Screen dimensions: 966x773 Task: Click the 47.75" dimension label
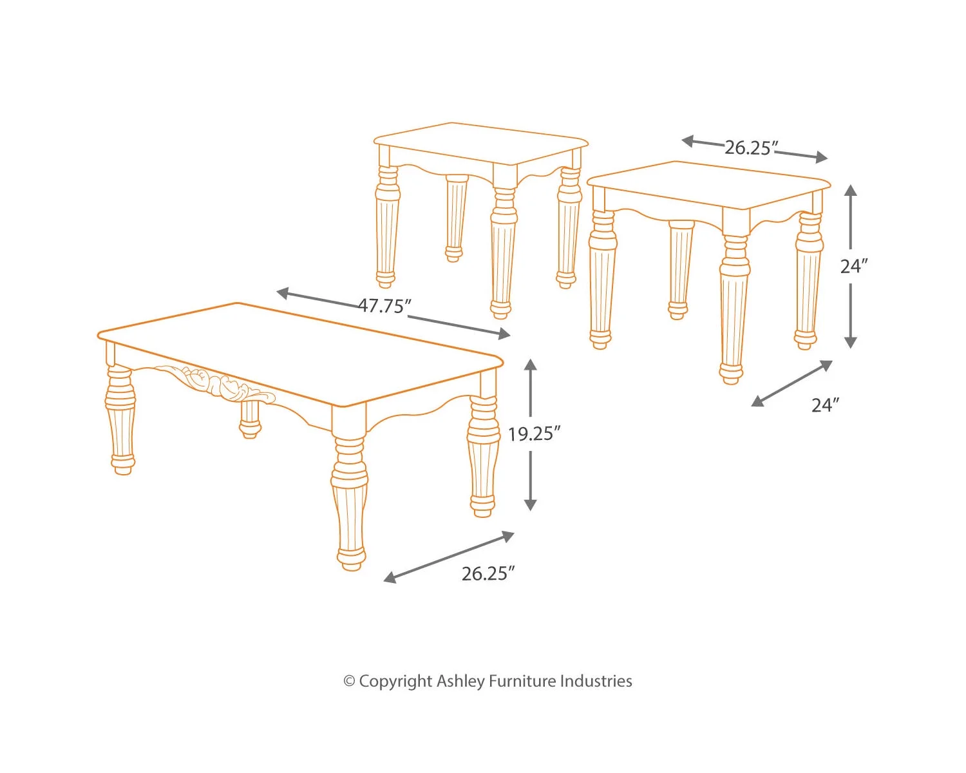tap(384, 307)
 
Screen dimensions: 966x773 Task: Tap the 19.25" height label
tap(534, 434)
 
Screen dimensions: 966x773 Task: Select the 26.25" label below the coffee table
tap(488, 573)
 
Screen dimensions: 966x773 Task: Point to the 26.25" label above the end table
tap(751, 148)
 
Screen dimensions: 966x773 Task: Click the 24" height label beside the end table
tap(854, 266)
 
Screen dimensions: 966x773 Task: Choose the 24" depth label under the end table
tap(825, 405)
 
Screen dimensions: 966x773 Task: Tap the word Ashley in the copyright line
tap(460, 682)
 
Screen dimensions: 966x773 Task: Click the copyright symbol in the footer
tap(349, 682)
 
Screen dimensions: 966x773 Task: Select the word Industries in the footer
tap(596, 681)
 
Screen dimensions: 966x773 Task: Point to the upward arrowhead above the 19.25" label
tap(530, 365)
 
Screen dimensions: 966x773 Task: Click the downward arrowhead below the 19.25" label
tap(530, 504)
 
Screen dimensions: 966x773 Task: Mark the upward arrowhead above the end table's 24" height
tap(850, 190)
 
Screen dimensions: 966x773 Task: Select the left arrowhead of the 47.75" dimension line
tap(282, 293)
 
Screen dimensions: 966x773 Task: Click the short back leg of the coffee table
tap(250, 419)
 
